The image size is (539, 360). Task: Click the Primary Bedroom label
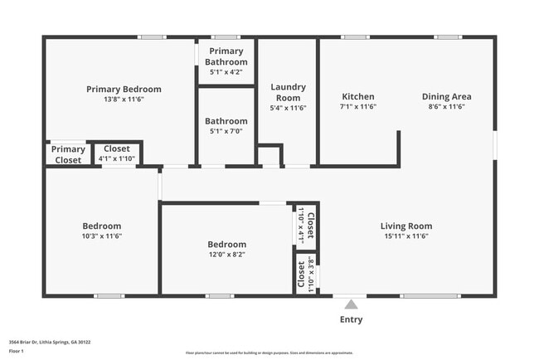tap(124, 89)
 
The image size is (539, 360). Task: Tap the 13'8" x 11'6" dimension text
tap(124, 100)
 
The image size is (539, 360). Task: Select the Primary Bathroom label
tap(226, 56)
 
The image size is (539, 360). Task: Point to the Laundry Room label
tap(288, 92)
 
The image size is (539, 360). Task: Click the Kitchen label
tap(357, 96)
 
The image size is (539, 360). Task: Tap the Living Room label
tap(405, 226)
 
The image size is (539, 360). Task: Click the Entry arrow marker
tap(351, 304)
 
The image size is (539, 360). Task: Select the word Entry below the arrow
tap(351, 319)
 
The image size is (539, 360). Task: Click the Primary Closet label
tap(68, 154)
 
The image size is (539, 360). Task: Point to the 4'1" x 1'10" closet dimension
tap(116, 158)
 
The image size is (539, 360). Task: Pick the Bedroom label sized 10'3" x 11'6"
tap(101, 226)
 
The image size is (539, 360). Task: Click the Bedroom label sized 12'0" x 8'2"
tap(226, 244)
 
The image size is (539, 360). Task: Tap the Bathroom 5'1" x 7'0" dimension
tap(226, 132)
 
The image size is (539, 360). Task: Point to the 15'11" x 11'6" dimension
tap(405, 236)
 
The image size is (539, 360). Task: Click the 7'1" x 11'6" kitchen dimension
tap(357, 107)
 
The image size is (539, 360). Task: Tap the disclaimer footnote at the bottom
tap(269, 353)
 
